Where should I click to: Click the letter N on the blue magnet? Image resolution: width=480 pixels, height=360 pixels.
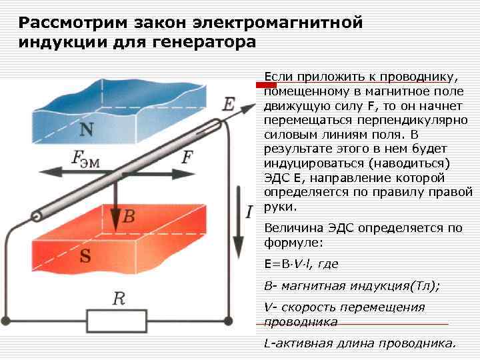[x=86, y=128]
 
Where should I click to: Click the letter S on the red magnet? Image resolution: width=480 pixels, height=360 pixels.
[x=86, y=256]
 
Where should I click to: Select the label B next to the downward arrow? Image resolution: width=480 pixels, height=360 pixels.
[x=129, y=216]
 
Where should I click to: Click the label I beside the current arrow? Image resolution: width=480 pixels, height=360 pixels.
[x=249, y=212]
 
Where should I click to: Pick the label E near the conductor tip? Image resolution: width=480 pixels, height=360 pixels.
[x=229, y=104]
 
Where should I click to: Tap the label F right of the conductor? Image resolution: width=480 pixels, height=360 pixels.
[x=188, y=157]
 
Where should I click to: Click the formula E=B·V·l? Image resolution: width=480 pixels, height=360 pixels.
[x=301, y=264]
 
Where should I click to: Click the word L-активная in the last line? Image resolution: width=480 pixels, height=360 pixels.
[x=297, y=344]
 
